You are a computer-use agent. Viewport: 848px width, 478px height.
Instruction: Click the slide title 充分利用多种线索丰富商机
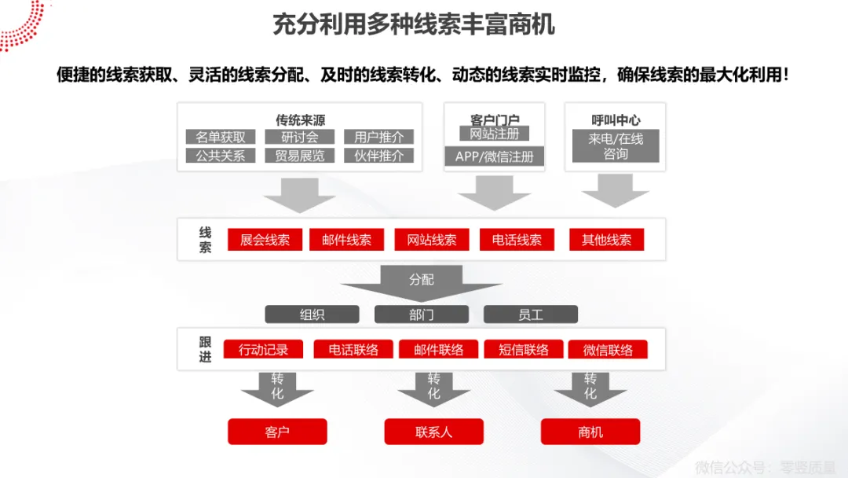tap(413, 24)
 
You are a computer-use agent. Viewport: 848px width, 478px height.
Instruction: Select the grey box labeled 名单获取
tap(221, 137)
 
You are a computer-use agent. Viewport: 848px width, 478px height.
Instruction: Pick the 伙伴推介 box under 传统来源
tap(378, 156)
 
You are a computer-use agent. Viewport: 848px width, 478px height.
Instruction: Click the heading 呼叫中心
tap(616, 120)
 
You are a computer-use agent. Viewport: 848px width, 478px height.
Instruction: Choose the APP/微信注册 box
tap(494, 156)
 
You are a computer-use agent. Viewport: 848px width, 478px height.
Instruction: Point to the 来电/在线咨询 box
tap(616, 146)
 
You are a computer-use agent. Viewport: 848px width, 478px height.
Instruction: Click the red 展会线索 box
tap(265, 240)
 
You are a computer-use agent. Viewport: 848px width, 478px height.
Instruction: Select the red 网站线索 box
tap(431, 240)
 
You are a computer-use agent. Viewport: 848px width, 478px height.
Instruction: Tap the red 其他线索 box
tap(606, 240)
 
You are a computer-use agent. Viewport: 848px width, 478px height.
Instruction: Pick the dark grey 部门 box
tap(421, 314)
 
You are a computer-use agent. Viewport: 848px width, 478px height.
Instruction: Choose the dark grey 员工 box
tap(530, 314)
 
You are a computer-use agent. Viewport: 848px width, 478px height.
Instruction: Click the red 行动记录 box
tap(263, 350)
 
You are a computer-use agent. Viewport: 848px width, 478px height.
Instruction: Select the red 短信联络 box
tap(524, 350)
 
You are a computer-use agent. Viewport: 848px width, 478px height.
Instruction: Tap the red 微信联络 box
tap(608, 350)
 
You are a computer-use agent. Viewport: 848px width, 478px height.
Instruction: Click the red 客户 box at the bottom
tap(277, 432)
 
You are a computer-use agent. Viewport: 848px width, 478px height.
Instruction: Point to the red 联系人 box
tap(433, 432)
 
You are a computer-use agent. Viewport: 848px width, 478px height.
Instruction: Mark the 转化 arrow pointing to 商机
tap(590, 388)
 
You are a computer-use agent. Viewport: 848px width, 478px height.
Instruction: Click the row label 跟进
tap(205, 349)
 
